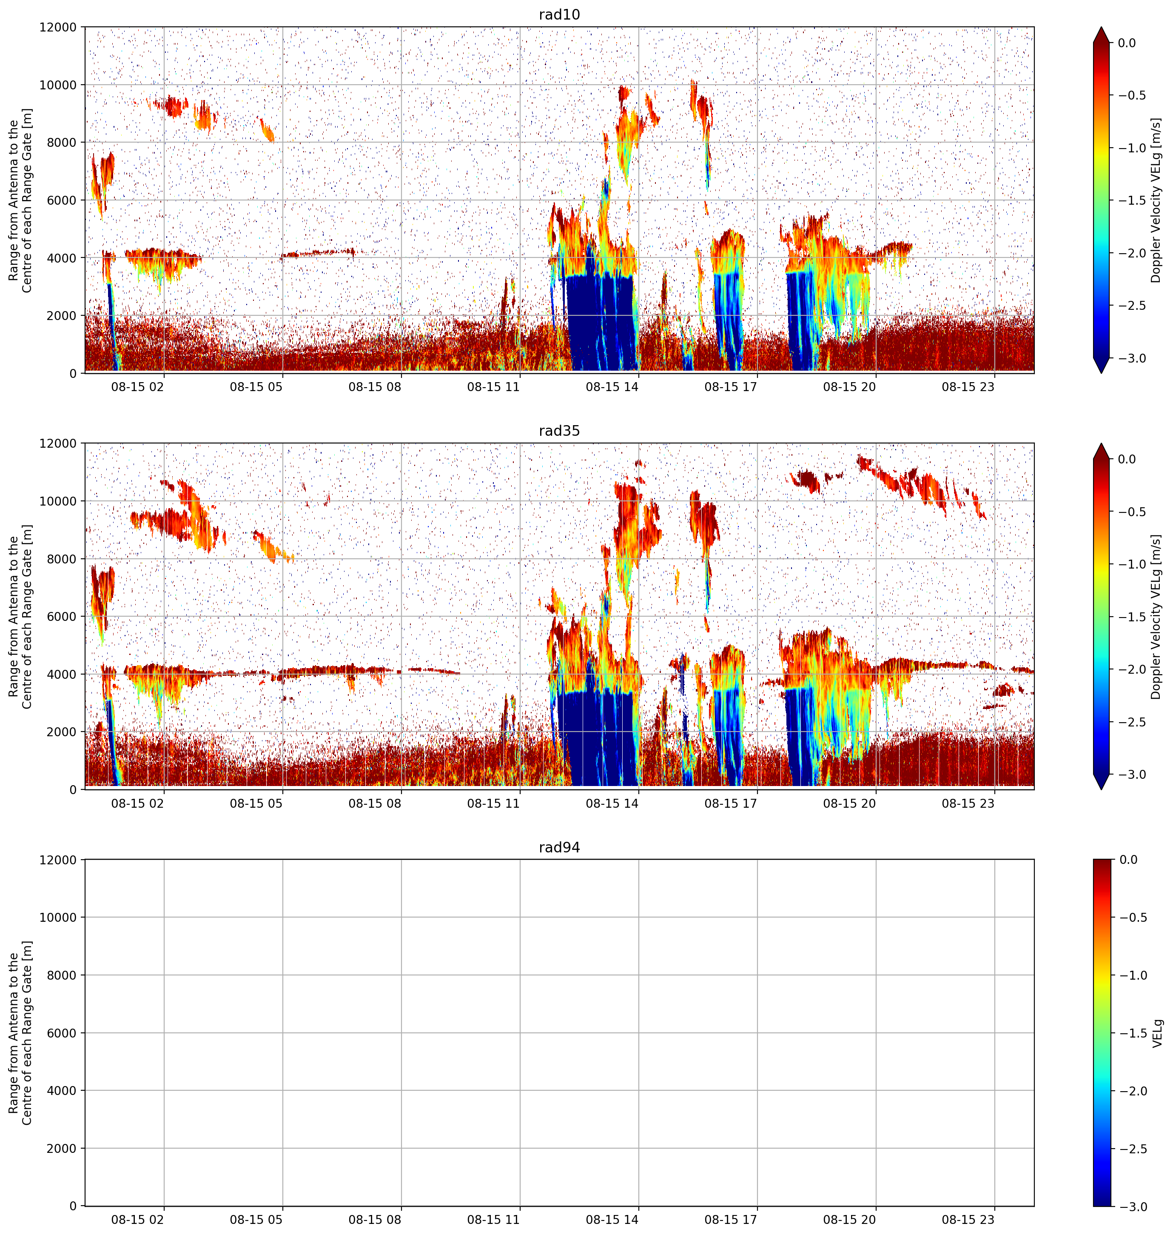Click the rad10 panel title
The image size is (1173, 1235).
point(559,14)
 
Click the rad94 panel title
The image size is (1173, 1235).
point(559,847)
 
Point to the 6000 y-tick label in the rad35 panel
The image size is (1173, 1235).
point(63,616)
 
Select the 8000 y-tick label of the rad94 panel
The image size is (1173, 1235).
point(63,975)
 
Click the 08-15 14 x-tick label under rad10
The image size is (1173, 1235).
point(612,387)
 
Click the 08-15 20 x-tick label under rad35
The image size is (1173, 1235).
point(849,803)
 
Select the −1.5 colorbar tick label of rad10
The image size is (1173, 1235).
point(1132,200)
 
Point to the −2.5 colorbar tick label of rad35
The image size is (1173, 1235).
point(1132,722)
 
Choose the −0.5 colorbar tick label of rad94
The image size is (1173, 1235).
point(1132,918)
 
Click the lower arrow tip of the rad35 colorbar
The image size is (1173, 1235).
point(1101,789)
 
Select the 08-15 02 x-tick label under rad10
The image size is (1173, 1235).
point(137,387)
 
